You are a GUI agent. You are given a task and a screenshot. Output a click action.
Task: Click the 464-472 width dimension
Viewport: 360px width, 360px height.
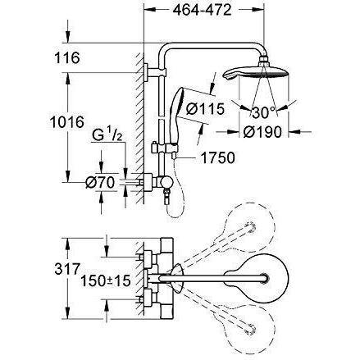(x=202, y=11)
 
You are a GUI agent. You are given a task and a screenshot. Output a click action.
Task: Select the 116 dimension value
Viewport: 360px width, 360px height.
(x=67, y=58)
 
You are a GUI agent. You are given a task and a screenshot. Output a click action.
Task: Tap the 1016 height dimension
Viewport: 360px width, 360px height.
(x=67, y=122)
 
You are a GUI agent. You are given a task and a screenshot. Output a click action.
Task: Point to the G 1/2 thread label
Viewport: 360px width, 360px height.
(x=107, y=135)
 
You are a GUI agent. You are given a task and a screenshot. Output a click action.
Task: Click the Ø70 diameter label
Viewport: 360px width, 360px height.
(x=100, y=182)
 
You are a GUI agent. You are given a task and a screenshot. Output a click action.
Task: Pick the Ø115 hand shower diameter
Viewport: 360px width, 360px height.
(x=205, y=109)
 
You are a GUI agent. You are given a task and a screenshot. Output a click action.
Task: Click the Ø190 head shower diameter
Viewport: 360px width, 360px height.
(x=262, y=132)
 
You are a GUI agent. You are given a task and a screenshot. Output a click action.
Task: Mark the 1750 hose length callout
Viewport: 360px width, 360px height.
(x=218, y=157)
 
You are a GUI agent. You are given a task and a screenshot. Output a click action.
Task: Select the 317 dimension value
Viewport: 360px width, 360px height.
(x=67, y=269)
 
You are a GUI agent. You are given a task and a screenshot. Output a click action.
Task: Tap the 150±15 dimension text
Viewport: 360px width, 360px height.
(x=106, y=280)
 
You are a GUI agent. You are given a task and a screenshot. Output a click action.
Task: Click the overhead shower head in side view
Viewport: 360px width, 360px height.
(x=256, y=71)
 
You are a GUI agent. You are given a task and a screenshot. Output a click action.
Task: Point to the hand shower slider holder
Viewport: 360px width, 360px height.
(x=166, y=149)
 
